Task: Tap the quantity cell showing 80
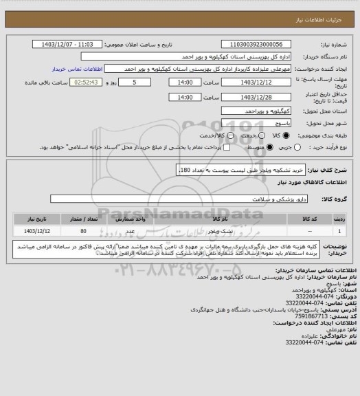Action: pyautogui.click(x=83, y=231)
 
